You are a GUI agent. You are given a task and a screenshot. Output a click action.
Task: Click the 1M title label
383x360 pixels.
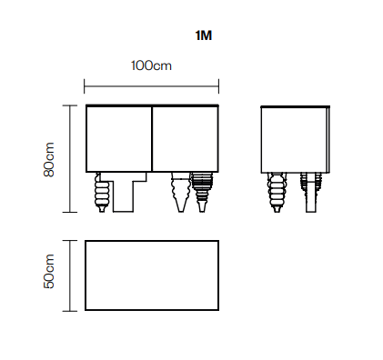204,35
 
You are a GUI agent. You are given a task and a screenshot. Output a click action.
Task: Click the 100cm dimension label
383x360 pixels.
151,65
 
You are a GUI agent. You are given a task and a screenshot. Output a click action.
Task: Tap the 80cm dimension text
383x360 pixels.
49,159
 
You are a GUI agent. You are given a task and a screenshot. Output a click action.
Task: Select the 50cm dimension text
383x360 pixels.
49,271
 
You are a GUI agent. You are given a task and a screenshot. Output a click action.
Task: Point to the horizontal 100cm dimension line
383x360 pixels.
151,86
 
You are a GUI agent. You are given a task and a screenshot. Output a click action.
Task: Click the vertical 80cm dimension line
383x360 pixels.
70,159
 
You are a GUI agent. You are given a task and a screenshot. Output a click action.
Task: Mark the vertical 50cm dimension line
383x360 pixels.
70,275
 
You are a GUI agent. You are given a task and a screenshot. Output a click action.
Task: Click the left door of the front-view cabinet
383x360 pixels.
118,139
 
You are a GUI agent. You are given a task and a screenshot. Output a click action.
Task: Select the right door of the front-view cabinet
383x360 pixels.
185,139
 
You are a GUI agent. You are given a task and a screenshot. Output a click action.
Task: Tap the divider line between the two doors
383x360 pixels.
152,139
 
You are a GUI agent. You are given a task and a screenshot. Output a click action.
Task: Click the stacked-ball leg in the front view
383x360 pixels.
102,193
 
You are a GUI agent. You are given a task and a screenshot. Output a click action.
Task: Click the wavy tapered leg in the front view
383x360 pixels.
181,193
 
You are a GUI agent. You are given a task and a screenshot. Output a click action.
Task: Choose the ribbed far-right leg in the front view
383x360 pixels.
202,193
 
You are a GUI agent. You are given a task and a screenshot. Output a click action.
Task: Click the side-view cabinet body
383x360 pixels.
295,140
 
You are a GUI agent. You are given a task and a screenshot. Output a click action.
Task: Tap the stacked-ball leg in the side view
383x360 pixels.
277,193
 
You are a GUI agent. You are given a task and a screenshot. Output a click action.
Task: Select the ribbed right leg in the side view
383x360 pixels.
311,193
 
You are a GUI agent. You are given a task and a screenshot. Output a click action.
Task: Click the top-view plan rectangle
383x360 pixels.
152,275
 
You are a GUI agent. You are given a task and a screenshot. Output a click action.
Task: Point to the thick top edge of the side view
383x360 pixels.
295,106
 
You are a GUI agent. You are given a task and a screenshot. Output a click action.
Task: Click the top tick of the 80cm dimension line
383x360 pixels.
70,105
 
